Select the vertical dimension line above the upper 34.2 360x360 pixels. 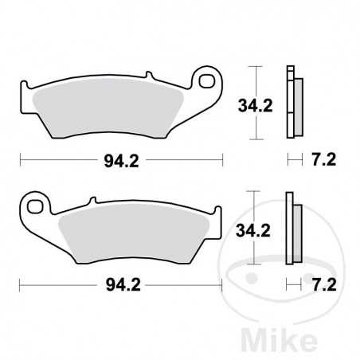click(x=254, y=79)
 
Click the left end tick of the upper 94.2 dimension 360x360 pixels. click(x=21, y=160)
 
